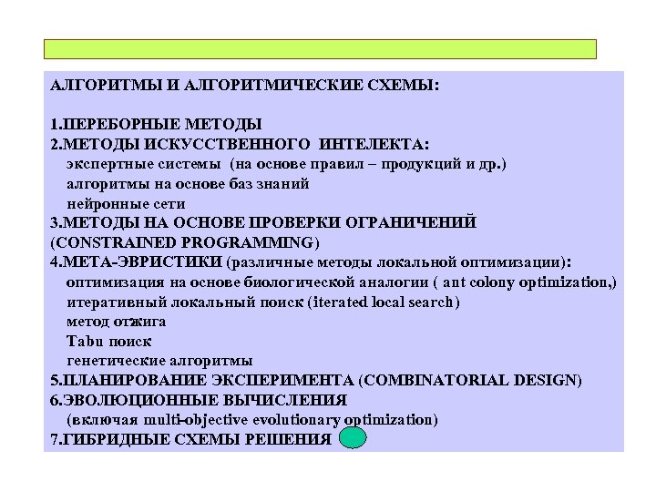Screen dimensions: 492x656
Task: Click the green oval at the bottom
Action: tap(353, 439)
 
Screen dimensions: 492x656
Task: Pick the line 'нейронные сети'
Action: tap(126, 203)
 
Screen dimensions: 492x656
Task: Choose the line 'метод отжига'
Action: tap(116, 322)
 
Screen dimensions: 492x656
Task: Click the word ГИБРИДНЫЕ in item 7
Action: tap(112, 439)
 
